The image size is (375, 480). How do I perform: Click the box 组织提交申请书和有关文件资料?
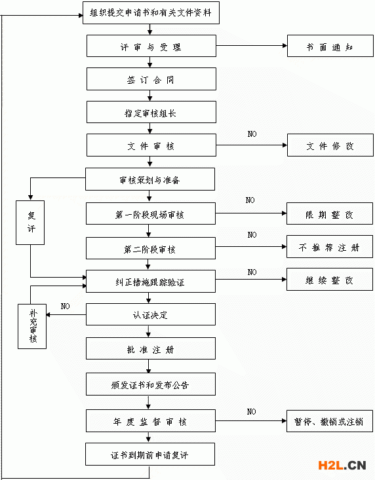tap(151, 12)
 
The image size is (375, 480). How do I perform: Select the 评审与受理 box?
tap(151, 46)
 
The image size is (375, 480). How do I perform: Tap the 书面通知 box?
tap(330, 46)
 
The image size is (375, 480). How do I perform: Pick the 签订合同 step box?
tap(151, 79)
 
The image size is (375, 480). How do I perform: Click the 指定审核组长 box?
tap(151, 112)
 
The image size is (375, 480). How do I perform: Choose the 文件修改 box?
tap(330, 145)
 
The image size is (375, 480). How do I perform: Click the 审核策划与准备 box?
tap(150, 179)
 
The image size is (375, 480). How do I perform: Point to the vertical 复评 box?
tap(30, 223)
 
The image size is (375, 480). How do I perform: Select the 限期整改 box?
tap(330, 213)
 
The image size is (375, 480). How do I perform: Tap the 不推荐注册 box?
tap(330, 247)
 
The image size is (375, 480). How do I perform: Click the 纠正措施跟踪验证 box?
tap(151, 282)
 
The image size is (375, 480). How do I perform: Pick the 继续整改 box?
tap(330, 280)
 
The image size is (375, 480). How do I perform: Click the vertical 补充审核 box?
tap(32, 326)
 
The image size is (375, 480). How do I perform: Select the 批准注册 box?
tap(151, 348)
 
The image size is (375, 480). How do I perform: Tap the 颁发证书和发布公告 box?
tap(151, 384)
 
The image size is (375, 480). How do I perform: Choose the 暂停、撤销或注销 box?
tap(330, 421)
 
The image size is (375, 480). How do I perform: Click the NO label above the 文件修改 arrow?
tap(252, 134)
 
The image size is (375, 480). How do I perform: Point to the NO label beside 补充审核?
tap(66, 306)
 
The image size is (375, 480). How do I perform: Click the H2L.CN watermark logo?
tap(342, 466)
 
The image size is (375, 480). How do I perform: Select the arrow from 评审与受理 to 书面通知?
tap(252, 46)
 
